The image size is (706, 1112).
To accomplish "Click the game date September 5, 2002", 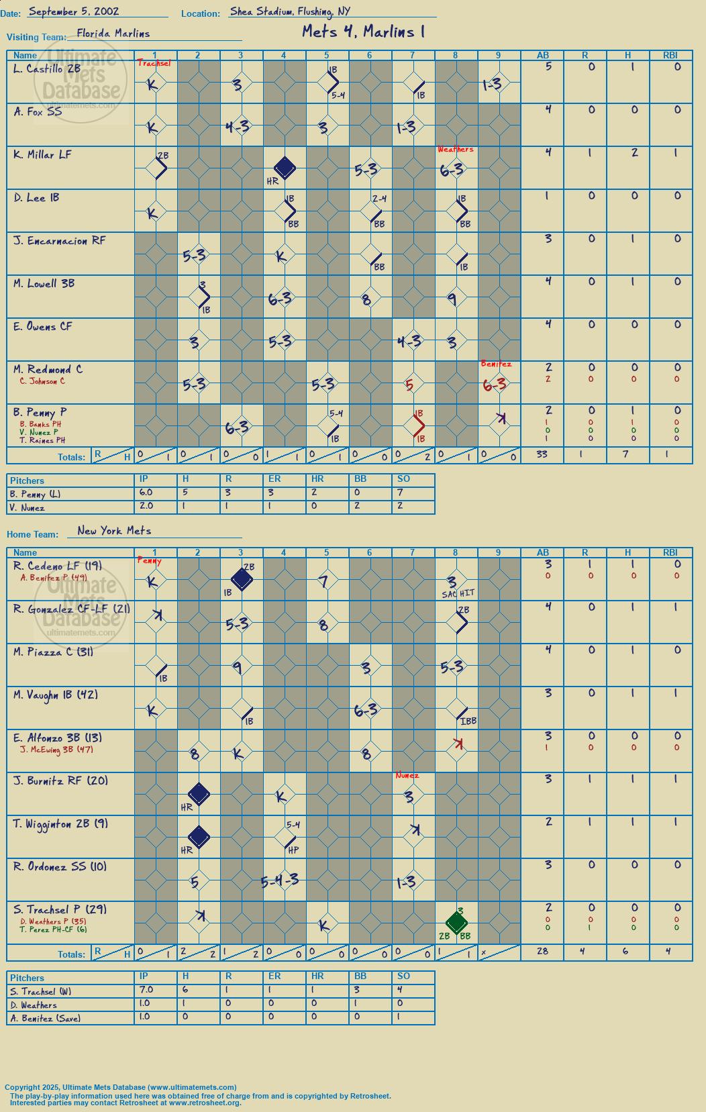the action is point(73,12).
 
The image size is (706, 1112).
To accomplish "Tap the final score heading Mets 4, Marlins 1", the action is point(364,32).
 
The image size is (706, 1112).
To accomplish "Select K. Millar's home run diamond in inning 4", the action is point(285,167).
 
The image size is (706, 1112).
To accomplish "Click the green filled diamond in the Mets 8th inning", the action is point(456,922).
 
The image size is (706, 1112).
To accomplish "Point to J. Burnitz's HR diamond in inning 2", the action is point(199,794).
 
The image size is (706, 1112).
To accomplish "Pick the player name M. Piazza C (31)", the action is point(53,652).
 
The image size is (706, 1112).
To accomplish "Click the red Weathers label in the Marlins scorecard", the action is point(455,149).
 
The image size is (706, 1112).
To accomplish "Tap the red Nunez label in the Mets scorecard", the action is point(407,775).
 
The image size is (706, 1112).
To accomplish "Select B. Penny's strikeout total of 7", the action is point(400,493).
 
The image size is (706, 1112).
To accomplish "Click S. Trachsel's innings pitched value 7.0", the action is point(146,989).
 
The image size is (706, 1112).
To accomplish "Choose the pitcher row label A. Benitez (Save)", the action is point(45,1018).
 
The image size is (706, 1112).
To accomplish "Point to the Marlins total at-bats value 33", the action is point(542,454).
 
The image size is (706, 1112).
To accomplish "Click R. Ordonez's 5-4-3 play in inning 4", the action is point(280,881).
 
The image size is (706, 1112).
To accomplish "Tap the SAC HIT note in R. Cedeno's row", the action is point(458,593).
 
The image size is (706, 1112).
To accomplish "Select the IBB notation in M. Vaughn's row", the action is point(468,721).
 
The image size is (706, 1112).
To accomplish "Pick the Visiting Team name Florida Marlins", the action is point(113,34).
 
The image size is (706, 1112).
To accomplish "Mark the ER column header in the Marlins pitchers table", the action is point(274,479).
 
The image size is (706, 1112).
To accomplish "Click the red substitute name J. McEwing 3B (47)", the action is point(56,750).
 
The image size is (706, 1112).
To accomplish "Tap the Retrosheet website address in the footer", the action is point(205,1103).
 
